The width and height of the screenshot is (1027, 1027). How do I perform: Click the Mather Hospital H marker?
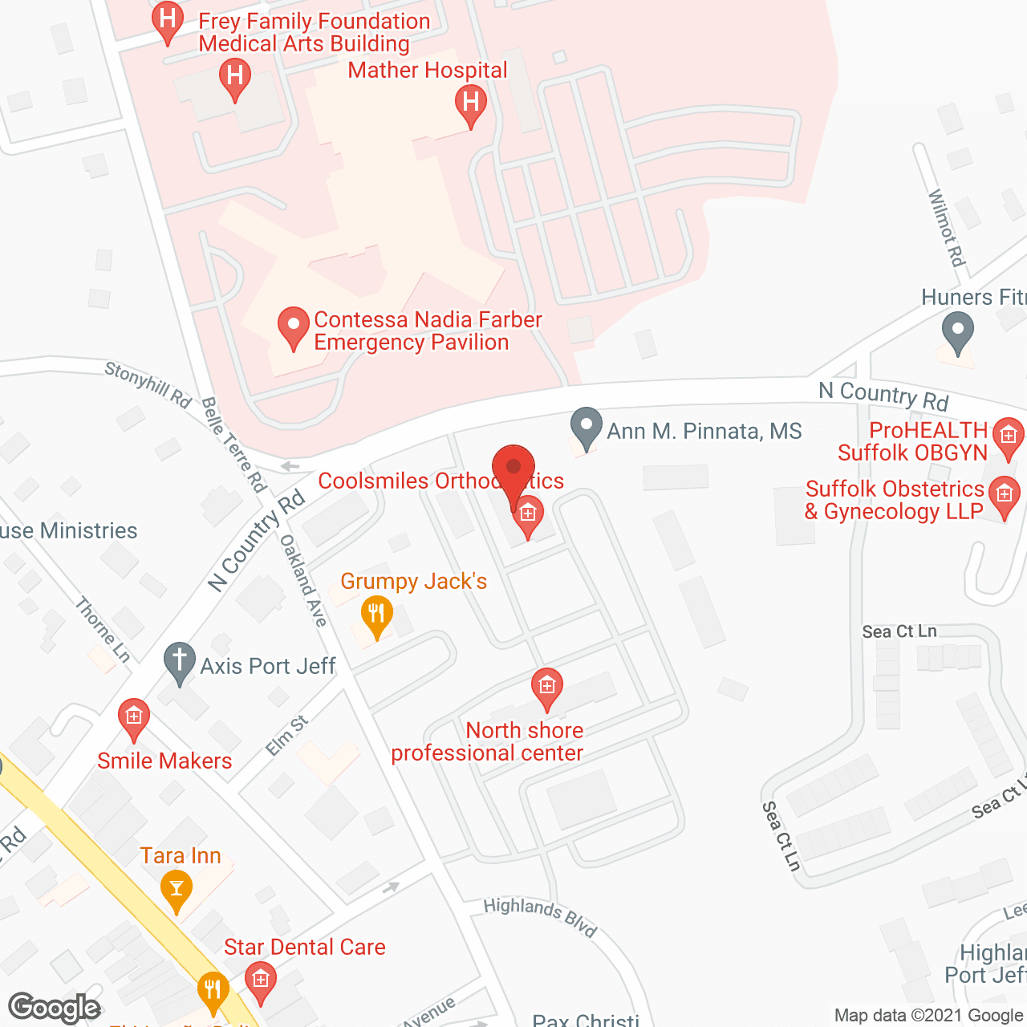pos(471,103)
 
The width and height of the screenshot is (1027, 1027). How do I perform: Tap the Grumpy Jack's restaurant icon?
pos(376,615)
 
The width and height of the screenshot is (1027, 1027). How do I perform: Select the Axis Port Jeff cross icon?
pos(180,661)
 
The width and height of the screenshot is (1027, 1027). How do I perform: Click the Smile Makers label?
pos(164,761)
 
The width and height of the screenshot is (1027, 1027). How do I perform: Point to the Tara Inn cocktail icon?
pos(177,889)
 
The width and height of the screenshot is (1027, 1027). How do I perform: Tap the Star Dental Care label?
pos(304,947)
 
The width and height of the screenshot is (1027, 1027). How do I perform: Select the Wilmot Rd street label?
pos(945,228)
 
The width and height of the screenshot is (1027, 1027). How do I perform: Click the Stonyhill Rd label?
pos(148,384)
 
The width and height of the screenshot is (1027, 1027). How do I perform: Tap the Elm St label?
pos(286,736)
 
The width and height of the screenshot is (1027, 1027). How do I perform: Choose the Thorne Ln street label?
pos(103,629)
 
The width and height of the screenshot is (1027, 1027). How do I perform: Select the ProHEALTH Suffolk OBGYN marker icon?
pos(1008,436)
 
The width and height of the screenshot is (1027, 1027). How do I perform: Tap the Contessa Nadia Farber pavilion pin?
pos(293,326)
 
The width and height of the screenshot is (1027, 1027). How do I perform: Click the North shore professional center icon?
pos(546,687)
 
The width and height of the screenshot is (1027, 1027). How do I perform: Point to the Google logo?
pos(55,1007)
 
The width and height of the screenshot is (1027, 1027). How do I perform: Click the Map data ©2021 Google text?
pos(929,1015)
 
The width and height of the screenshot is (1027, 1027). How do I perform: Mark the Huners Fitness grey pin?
pos(957,331)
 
